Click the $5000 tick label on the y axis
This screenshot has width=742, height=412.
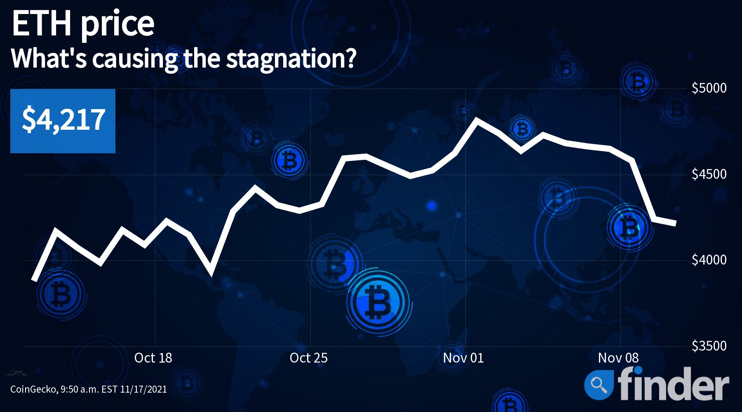(709, 88)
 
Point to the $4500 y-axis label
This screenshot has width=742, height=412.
(709, 174)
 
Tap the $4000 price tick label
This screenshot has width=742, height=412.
(709, 260)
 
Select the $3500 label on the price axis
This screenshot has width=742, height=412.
(709, 346)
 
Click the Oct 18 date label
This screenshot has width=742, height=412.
(153, 358)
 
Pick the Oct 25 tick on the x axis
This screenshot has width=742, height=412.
(308, 358)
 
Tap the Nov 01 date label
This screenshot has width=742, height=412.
(463, 358)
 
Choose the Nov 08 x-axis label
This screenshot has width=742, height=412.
(618, 358)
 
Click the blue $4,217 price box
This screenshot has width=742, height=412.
(63, 121)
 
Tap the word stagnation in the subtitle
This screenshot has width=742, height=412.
(291, 59)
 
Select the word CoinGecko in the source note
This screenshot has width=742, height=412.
(33, 389)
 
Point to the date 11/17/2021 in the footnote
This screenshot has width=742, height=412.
(143, 389)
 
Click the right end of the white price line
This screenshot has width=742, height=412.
(675, 224)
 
